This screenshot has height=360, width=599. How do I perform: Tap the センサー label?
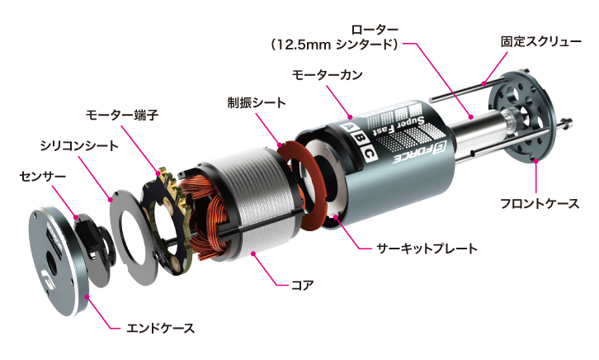(40, 175)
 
